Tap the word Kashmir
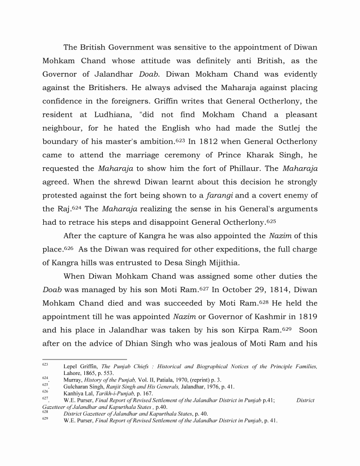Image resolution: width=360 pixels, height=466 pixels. tap(259, 316)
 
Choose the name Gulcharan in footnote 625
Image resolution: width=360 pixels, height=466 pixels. tap(77, 386)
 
